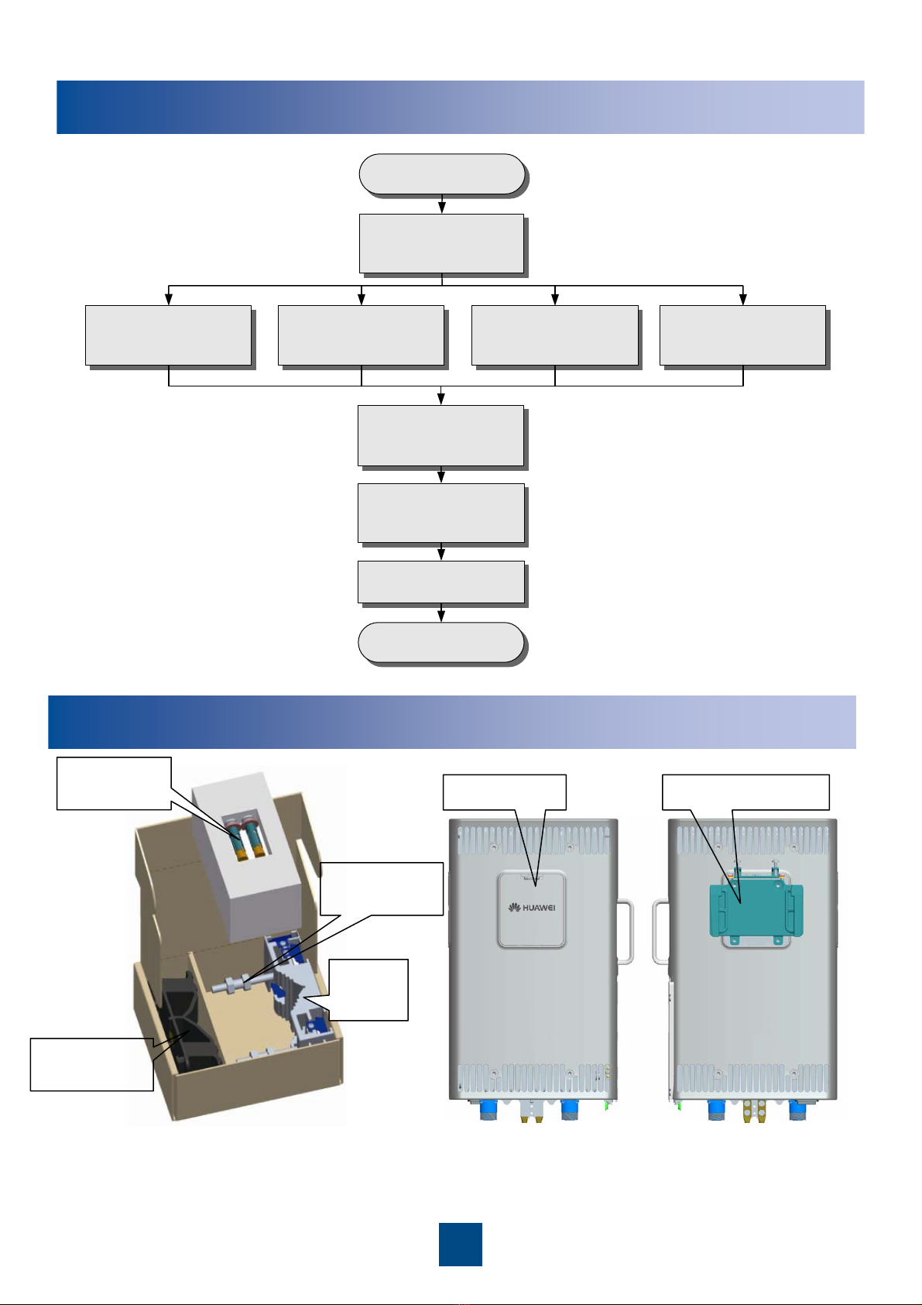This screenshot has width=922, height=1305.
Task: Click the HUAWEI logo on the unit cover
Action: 532,908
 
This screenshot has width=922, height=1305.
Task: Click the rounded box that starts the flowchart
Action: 442,173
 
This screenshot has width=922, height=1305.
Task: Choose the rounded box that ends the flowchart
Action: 441,642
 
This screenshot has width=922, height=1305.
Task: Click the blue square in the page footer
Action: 460,1244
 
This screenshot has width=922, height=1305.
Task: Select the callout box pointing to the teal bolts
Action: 114,783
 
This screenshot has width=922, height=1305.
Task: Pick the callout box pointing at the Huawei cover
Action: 505,792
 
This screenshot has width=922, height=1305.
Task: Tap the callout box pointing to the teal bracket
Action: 746,792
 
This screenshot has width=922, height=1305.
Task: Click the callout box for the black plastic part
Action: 91,1064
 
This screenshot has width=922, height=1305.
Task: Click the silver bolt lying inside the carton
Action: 240,985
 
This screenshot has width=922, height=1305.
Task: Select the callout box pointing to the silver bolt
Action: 382,888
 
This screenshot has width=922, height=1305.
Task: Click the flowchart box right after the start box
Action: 441,243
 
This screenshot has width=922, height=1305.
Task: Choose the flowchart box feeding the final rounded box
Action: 441,582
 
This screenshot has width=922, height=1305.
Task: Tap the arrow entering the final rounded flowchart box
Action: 441,613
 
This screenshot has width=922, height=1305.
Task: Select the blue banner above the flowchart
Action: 460,107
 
